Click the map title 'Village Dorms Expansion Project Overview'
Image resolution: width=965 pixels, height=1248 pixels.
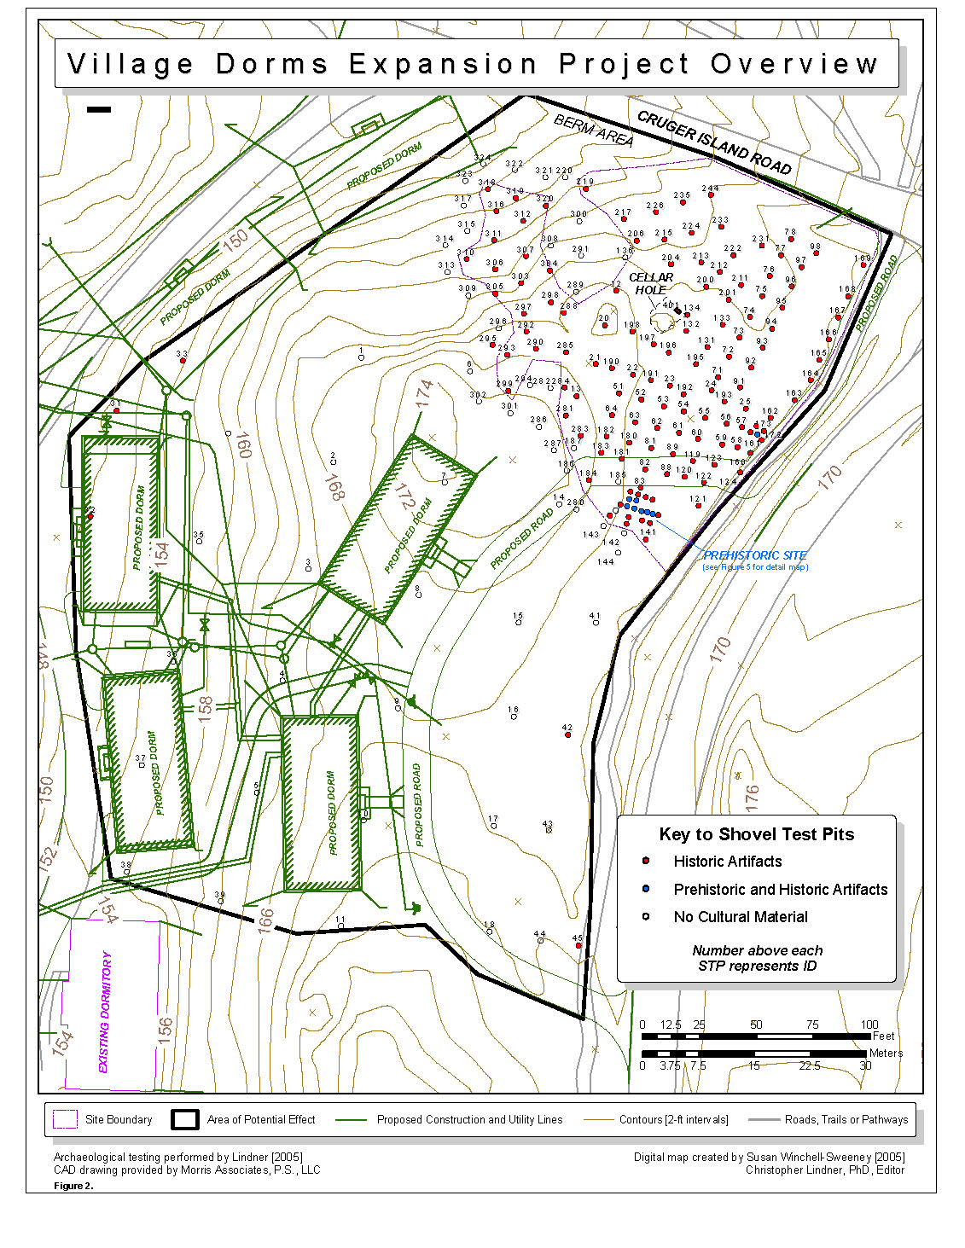click(474, 64)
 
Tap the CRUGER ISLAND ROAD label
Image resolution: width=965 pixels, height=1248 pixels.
click(714, 143)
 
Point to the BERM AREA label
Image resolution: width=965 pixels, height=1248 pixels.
click(594, 131)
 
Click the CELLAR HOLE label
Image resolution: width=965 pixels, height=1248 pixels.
click(651, 283)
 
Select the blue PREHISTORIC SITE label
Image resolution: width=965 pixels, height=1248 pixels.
click(755, 555)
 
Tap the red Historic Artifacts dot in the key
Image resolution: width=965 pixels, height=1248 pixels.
click(646, 862)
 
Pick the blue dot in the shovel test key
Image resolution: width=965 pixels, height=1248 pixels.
click(646, 889)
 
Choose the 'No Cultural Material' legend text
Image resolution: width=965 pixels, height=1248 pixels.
click(741, 917)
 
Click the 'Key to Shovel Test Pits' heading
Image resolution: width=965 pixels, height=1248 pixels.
click(756, 834)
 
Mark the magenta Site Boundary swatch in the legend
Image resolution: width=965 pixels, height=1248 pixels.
click(65, 1119)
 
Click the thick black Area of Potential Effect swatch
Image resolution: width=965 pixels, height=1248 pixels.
click(184, 1119)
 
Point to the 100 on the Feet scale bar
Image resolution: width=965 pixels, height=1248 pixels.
click(869, 1025)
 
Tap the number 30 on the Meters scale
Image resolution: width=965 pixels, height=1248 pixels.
click(865, 1065)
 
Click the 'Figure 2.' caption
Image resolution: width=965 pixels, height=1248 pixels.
click(73, 1186)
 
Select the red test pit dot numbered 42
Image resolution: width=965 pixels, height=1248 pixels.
click(568, 735)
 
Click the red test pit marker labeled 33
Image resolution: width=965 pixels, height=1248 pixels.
click(183, 361)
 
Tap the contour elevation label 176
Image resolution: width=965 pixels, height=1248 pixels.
click(751, 797)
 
